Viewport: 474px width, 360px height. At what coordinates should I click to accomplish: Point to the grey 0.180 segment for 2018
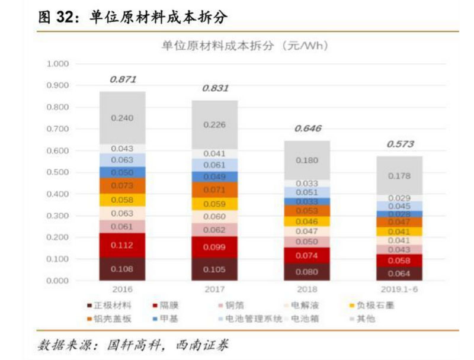306,160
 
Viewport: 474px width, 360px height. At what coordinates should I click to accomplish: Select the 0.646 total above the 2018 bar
306,128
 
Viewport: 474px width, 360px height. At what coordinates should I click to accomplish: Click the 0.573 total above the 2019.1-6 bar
399,144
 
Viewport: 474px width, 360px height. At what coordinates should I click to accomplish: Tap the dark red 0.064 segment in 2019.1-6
399,274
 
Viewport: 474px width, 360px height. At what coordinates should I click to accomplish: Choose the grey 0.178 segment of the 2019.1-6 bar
399,175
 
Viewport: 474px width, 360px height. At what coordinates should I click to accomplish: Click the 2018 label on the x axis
306,290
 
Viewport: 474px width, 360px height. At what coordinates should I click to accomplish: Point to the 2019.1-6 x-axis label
399,290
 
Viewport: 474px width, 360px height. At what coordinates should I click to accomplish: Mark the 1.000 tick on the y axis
57,64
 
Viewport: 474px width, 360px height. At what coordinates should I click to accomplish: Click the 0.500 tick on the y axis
57,172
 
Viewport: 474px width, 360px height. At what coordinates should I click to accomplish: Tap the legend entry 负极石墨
377,306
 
